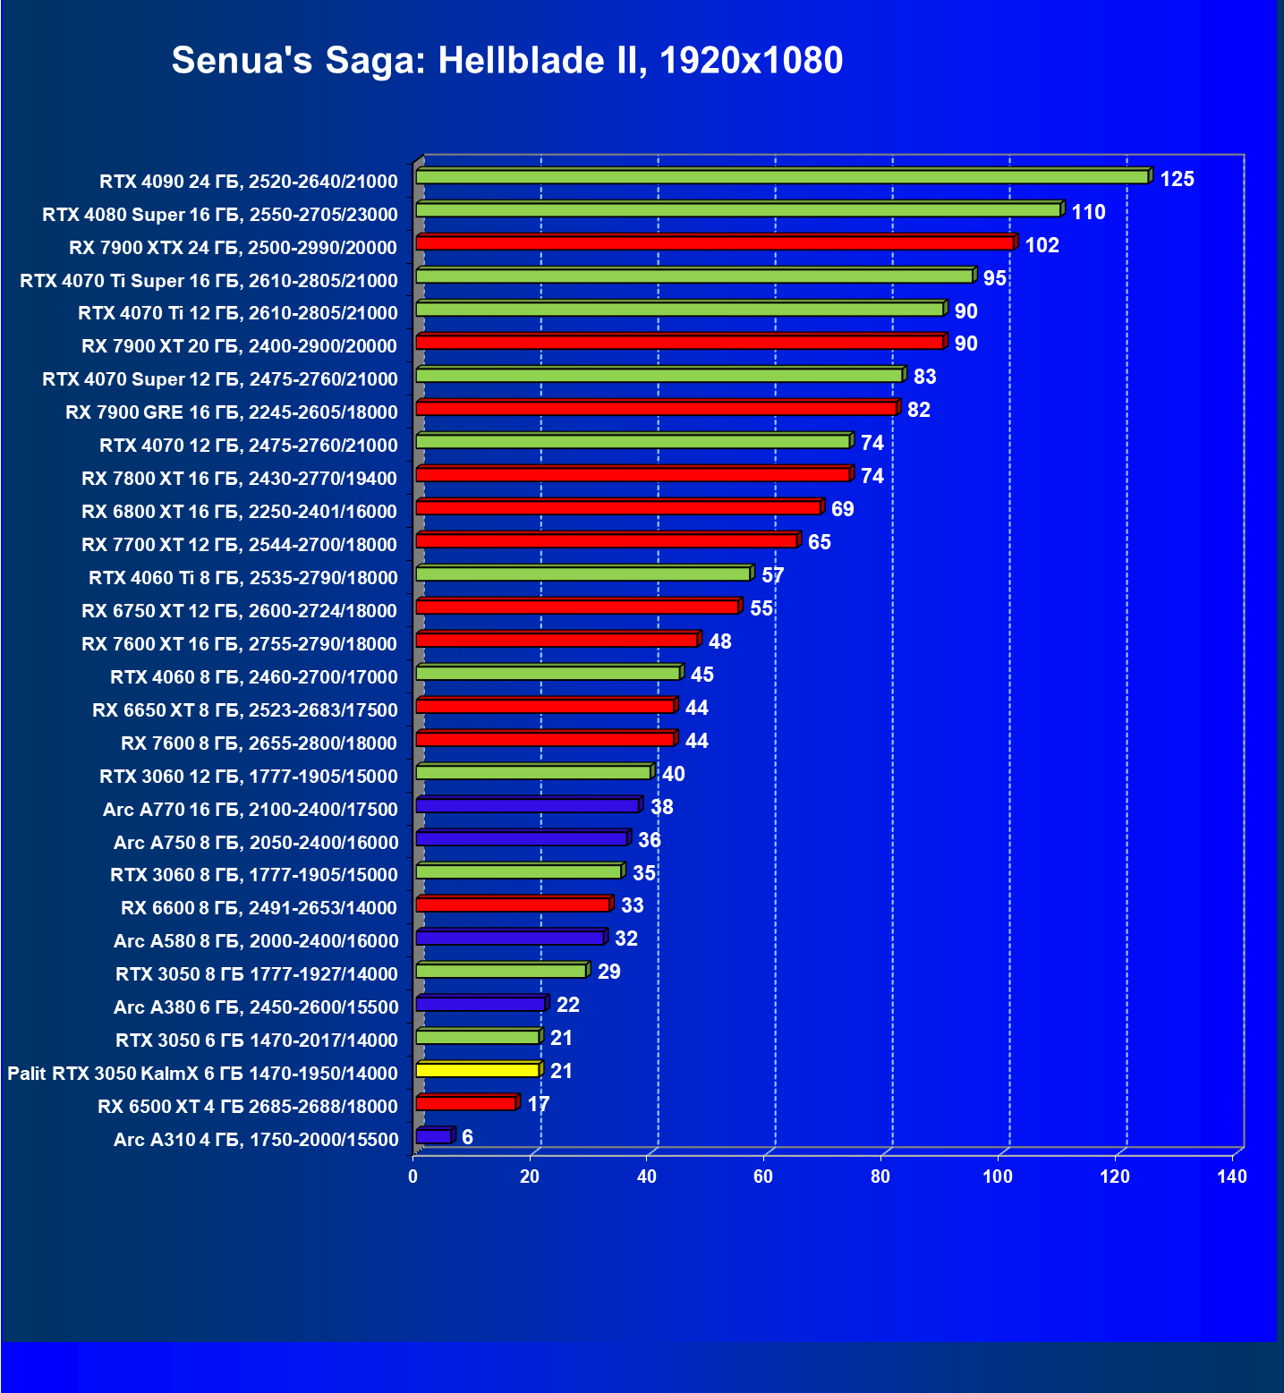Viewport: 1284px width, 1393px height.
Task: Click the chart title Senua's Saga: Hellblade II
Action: pyautogui.click(x=506, y=61)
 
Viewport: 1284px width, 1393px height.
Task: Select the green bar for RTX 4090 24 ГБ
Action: pyautogui.click(x=782, y=177)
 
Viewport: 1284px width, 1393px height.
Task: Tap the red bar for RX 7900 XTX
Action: pyautogui.click(x=714, y=243)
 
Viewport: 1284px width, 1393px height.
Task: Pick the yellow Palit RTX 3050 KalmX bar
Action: pyautogui.click(x=478, y=1070)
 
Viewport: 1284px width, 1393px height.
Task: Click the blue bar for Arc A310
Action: pyautogui.click(x=434, y=1136)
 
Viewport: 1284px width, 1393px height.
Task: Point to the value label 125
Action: pyautogui.click(x=1177, y=179)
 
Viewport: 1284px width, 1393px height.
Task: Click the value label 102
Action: pyautogui.click(x=1042, y=245)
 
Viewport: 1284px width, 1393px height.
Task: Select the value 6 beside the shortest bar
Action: pyautogui.click(x=467, y=1137)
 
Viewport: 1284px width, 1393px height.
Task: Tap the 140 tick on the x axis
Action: pyautogui.click(x=1231, y=1176)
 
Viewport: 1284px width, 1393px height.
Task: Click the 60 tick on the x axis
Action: pyautogui.click(x=763, y=1176)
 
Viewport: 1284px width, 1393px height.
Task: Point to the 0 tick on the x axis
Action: pyautogui.click(x=412, y=1176)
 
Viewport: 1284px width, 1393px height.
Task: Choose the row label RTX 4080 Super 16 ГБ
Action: pyautogui.click(x=220, y=215)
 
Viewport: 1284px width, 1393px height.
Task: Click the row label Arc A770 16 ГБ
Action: pyautogui.click(x=251, y=810)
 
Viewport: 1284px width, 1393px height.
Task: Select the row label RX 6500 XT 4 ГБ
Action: pyautogui.click(x=248, y=1107)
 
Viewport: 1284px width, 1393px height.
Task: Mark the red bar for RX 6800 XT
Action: pyautogui.click(x=618, y=508)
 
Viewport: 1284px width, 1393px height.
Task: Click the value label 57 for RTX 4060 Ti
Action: pyautogui.click(x=772, y=575)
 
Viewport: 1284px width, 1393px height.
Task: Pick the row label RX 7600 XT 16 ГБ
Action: pyautogui.click(x=239, y=644)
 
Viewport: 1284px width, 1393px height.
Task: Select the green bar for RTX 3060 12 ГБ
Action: pyautogui.click(x=533, y=772)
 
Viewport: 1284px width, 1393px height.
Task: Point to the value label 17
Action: pyautogui.click(x=538, y=1104)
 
